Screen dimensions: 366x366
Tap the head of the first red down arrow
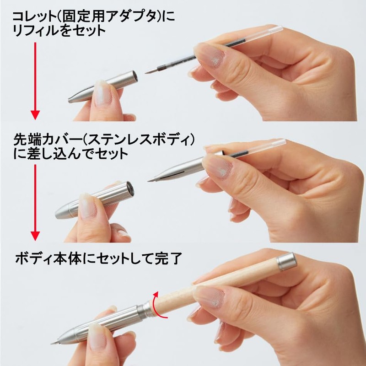pyautogui.click(x=35, y=115)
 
